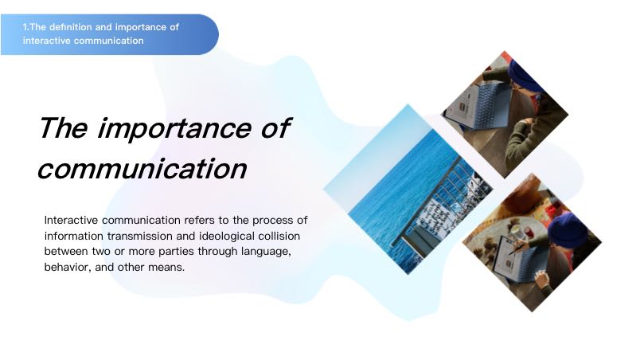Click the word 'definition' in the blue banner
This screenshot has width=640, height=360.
(76, 27)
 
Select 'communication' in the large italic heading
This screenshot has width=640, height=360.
(142, 169)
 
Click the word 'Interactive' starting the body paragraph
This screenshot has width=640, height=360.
(71, 220)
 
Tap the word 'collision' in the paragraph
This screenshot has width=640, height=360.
(279, 236)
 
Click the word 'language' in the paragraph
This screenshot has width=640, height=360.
(266, 252)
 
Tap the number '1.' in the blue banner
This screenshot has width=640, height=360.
(25, 27)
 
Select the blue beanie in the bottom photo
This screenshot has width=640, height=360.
(568, 230)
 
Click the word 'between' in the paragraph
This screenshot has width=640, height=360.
(66, 252)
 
